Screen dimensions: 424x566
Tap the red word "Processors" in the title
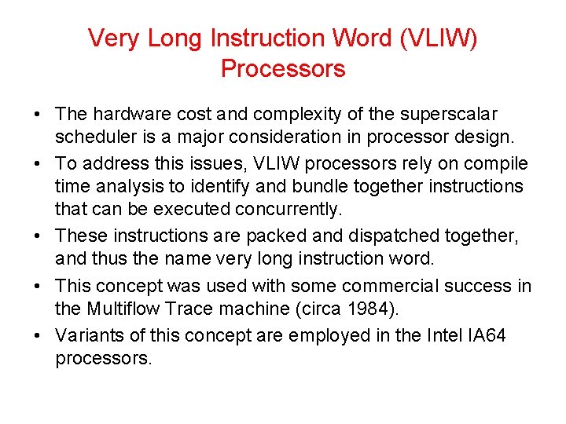283,69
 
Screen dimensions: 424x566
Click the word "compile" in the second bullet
498,163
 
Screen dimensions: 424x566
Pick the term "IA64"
487,335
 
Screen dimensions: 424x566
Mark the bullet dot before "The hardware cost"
38,115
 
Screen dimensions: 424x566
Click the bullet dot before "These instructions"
38,236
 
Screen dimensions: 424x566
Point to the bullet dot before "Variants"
38,336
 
